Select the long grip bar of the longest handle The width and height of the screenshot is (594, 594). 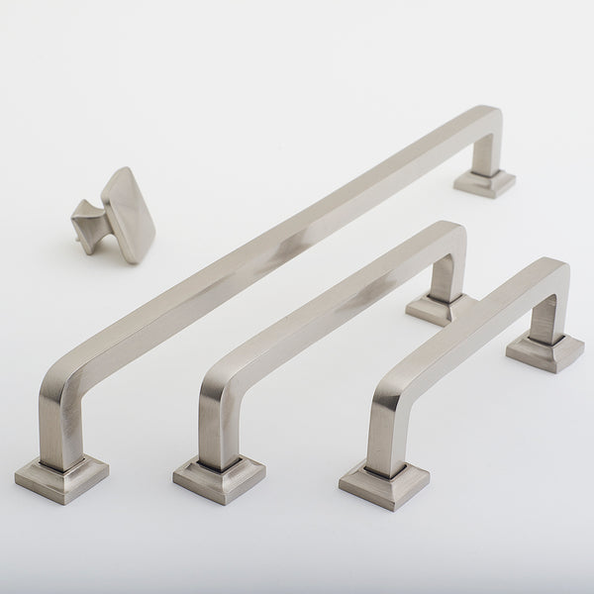277,238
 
